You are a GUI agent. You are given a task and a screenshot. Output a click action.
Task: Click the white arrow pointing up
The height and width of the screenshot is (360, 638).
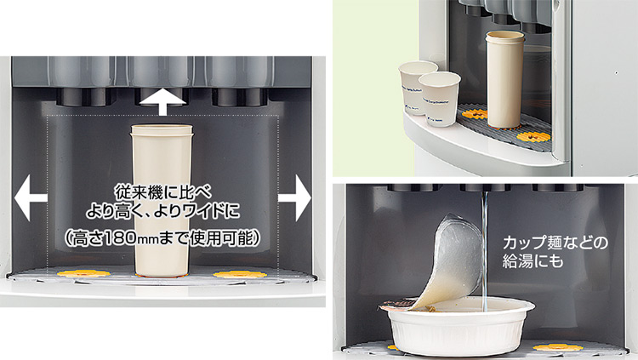click(x=162, y=104)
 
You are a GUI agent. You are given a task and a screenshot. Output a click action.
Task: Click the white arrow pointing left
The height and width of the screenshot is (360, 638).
click(x=31, y=198)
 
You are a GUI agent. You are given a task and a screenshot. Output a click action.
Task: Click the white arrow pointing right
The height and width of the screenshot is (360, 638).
click(x=294, y=198)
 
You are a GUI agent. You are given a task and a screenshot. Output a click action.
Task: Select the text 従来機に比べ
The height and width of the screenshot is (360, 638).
click(x=162, y=192)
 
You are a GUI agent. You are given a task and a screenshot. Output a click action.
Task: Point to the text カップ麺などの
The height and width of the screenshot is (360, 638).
click(x=555, y=243)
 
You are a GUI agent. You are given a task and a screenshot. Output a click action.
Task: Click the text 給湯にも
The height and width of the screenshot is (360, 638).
click(x=533, y=261)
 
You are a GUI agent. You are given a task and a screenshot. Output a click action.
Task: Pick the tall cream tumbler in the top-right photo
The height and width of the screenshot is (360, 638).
click(x=504, y=79)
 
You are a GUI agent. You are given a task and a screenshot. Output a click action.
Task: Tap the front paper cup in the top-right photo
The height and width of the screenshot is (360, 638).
click(x=440, y=99)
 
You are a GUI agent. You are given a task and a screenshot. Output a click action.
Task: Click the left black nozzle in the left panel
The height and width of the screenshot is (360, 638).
click(x=83, y=97)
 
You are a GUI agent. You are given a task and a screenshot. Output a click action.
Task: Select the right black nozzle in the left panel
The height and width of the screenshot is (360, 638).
click(x=240, y=97)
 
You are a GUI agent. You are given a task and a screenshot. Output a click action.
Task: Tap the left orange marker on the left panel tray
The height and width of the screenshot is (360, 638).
click(x=84, y=274)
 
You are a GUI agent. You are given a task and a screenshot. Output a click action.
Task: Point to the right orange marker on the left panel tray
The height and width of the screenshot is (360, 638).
click(x=240, y=274)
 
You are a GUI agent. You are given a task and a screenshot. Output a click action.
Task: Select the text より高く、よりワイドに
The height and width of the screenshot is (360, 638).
click(x=162, y=212)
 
